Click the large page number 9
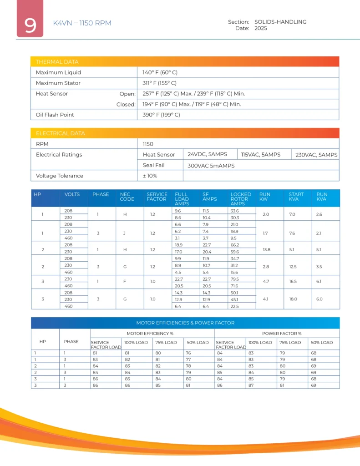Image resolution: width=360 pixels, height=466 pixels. [x=30, y=25]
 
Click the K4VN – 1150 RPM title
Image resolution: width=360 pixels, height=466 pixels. [x=82, y=23]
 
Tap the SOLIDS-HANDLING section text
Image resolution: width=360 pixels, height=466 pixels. [x=280, y=22]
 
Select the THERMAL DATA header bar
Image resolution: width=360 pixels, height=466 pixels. [x=185, y=62]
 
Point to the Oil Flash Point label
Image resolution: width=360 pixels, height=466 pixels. [x=55, y=115]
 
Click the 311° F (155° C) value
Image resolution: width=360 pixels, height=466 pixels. [x=160, y=83]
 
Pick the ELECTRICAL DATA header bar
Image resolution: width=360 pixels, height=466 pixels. [x=185, y=133]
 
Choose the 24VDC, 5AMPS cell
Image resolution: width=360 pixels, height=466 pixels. [x=208, y=154]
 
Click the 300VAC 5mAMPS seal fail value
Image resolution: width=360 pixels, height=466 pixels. [x=211, y=166]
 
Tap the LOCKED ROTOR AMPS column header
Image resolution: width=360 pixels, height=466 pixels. [x=241, y=199]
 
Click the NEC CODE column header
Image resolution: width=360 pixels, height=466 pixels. [x=127, y=197]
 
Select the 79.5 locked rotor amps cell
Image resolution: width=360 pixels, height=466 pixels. [x=235, y=279]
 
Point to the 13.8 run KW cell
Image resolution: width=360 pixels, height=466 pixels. [x=265, y=249]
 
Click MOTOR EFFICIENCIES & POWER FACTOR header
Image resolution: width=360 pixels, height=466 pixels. [x=185, y=323]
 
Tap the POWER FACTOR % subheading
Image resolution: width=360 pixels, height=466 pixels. [x=277, y=334]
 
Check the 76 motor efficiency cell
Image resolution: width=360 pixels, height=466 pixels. [x=189, y=352]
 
